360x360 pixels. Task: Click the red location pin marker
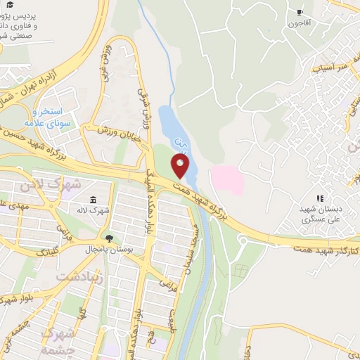[x=181, y=166]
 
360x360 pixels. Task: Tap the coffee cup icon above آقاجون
[x=301, y=12]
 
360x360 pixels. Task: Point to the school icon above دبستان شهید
[x=320, y=199]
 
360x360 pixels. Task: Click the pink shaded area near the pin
[x=226, y=179]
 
